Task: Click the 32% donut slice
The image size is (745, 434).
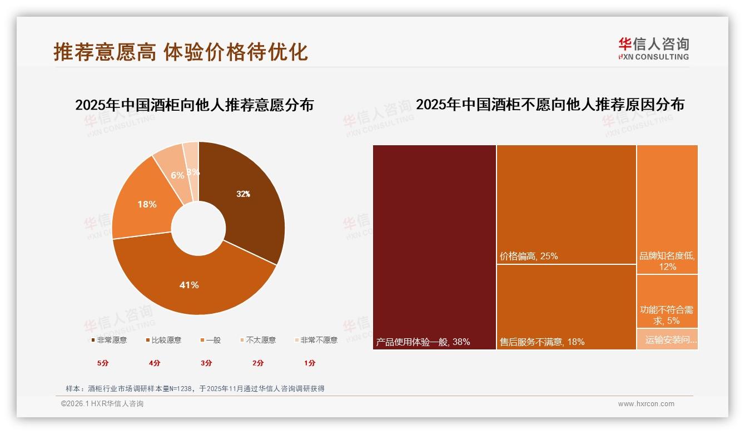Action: (245, 200)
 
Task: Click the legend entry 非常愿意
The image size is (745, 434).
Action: (109, 340)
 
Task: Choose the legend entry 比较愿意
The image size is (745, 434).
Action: (163, 340)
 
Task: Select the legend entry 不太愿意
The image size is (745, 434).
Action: (258, 340)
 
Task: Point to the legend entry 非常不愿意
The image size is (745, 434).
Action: (316, 340)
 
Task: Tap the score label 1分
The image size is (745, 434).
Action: (310, 363)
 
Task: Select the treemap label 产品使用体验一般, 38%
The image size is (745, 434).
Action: (423, 342)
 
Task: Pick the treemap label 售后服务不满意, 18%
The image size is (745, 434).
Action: (542, 342)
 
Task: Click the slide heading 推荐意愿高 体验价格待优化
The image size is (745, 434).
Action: (181, 52)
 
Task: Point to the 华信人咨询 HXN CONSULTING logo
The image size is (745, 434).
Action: (653, 49)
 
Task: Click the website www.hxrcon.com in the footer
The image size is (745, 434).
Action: (646, 404)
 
